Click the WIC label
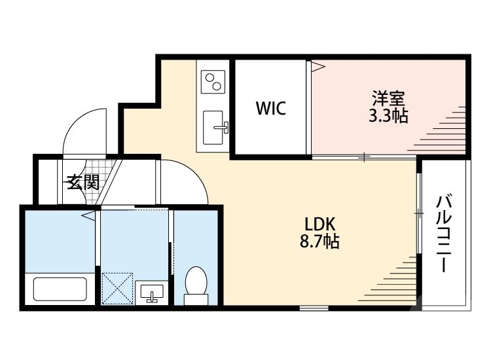[270, 108]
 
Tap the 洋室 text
[389, 100]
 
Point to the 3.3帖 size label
[389, 117]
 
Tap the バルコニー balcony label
[445, 233]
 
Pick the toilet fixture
[195, 287]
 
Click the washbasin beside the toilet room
[152, 293]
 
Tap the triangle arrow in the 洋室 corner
[318, 65]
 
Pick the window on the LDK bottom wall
[314, 308]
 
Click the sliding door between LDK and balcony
[418, 213]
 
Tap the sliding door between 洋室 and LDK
[364, 157]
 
